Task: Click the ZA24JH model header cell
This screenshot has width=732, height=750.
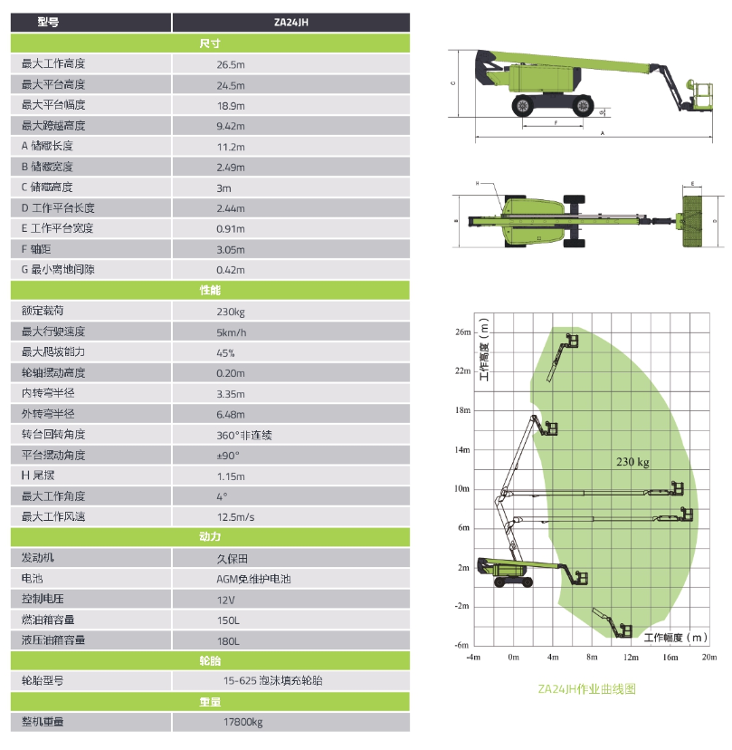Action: (291, 23)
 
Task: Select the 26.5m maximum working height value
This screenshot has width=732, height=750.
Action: (231, 64)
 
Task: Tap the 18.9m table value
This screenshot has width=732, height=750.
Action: (231, 106)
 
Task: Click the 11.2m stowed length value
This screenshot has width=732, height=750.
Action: (231, 147)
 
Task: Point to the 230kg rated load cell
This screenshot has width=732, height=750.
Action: (231, 312)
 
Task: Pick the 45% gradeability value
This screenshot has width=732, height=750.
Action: (225, 353)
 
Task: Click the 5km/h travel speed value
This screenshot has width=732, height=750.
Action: (232, 332)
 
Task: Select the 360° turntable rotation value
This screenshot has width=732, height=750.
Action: (244, 436)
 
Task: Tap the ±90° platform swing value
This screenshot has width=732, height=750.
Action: (228, 456)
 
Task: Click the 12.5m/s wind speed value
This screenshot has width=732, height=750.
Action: (235, 517)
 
